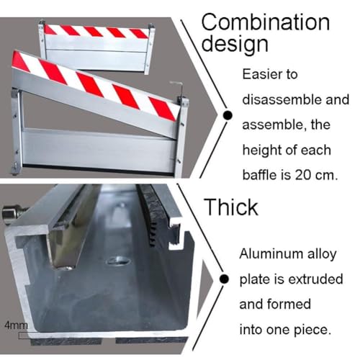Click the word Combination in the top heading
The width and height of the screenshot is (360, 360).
(266, 22)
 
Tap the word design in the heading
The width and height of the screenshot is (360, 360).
(235, 45)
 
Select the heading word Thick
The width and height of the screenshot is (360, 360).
(231, 207)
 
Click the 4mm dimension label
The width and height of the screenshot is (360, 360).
(16, 325)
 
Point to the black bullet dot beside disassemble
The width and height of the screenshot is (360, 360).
(228, 115)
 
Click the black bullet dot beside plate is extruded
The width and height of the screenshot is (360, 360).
(224, 279)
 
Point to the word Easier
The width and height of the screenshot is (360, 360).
(261, 74)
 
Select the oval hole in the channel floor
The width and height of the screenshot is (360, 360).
(119, 261)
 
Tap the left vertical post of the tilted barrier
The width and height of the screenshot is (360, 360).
(17, 131)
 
